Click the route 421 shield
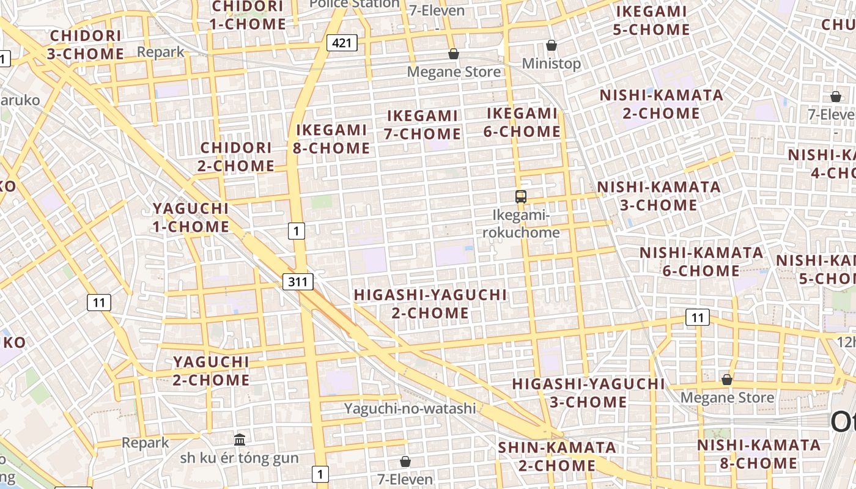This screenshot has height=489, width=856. pyautogui.click(x=342, y=43)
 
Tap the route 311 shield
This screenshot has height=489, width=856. pyautogui.click(x=298, y=281)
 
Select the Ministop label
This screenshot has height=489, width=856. pyautogui.click(x=551, y=64)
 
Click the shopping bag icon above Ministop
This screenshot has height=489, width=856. pyautogui.click(x=552, y=45)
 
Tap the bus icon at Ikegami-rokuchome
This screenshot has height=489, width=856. pyautogui.click(x=521, y=197)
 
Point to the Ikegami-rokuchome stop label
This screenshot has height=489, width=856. pyautogui.click(x=522, y=224)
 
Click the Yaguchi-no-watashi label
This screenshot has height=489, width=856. pyautogui.click(x=410, y=408)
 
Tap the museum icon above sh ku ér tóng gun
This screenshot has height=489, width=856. pyautogui.click(x=240, y=439)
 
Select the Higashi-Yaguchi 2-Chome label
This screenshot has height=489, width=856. pyautogui.click(x=430, y=304)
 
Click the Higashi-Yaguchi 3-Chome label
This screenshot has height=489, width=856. pyautogui.click(x=588, y=392)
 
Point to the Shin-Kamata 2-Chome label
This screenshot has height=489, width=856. pyautogui.click(x=557, y=456)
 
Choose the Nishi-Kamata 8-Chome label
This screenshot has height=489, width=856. pyautogui.click(x=758, y=454)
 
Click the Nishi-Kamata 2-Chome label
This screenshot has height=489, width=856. pyautogui.click(x=661, y=104)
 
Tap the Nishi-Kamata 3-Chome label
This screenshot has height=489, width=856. pyautogui.click(x=659, y=196)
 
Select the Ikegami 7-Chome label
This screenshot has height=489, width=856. pyautogui.click(x=422, y=125)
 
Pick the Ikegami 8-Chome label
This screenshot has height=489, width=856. pyautogui.click(x=333, y=139)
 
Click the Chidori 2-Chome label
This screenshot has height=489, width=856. pyautogui.click(x=236, y=156)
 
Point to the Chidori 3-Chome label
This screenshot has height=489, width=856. pyautogui.click(x=86, y=45)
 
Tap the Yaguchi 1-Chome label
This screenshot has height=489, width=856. pyautogui.click(x=191, y=218)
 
